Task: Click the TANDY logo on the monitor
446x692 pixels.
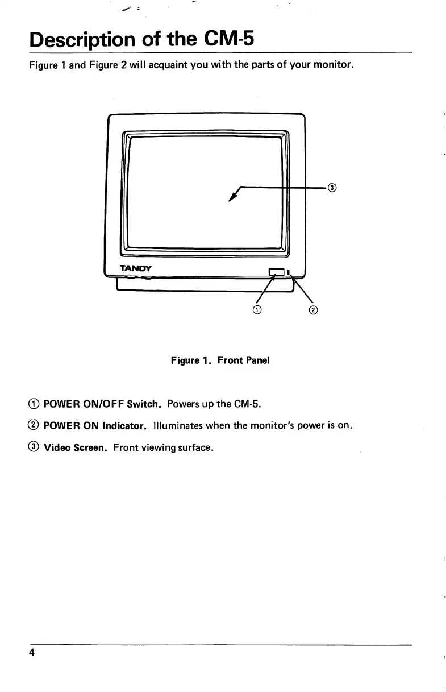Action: [x=135, y=268]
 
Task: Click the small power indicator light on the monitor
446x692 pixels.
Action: [x=289, y=271]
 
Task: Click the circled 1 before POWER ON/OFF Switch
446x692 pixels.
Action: [x=35, y=404]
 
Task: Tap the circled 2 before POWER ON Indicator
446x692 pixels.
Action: [x=35, y=426]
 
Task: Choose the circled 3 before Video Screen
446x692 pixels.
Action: [x=35, y=447]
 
